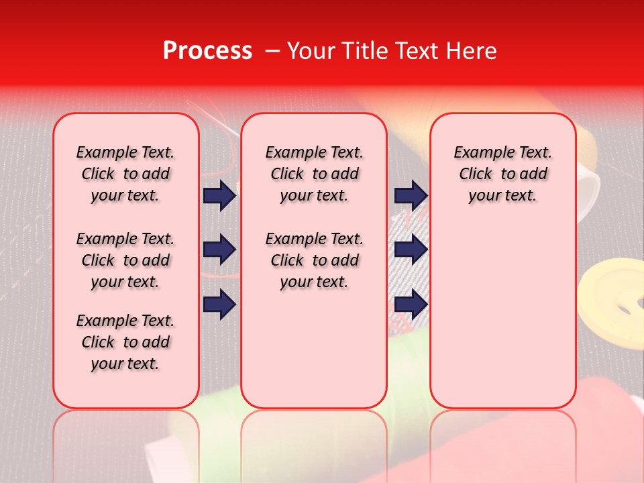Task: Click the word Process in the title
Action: pyautogui.click(x=207, y=51)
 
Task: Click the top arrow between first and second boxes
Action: pyautogui.click(x=219, y=196)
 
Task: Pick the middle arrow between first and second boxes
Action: pyautogui.click(x=219, y=250)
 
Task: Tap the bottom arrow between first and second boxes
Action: pyautogui.click(x=219, y=304)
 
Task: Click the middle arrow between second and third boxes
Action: pyautogui.click(x=411, y=250)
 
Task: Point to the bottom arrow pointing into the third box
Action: pyautogui.click(x=411, y=304)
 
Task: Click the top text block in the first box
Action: pyautogui.click(x=125, y=174)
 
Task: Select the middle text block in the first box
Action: pyautogui.click(x=125, y=260)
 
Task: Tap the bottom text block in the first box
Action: pyautogui.click(x=125, y=342)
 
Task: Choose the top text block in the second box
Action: pyautogui.click(x=314, y=174)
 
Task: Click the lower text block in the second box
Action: pyautogui.click(x=314, y=260)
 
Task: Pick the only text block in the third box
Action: pyautogui.click(x=502, y=174)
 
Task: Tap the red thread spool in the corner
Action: pyautogui.click(x=604, y=429)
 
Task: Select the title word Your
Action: pyautogui.click(x=309, y=51)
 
